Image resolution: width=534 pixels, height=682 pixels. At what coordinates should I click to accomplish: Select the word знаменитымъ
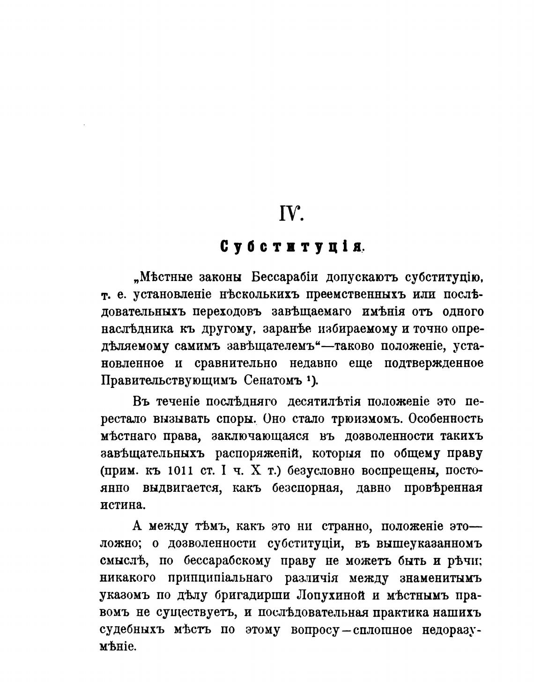click(442, 578)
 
